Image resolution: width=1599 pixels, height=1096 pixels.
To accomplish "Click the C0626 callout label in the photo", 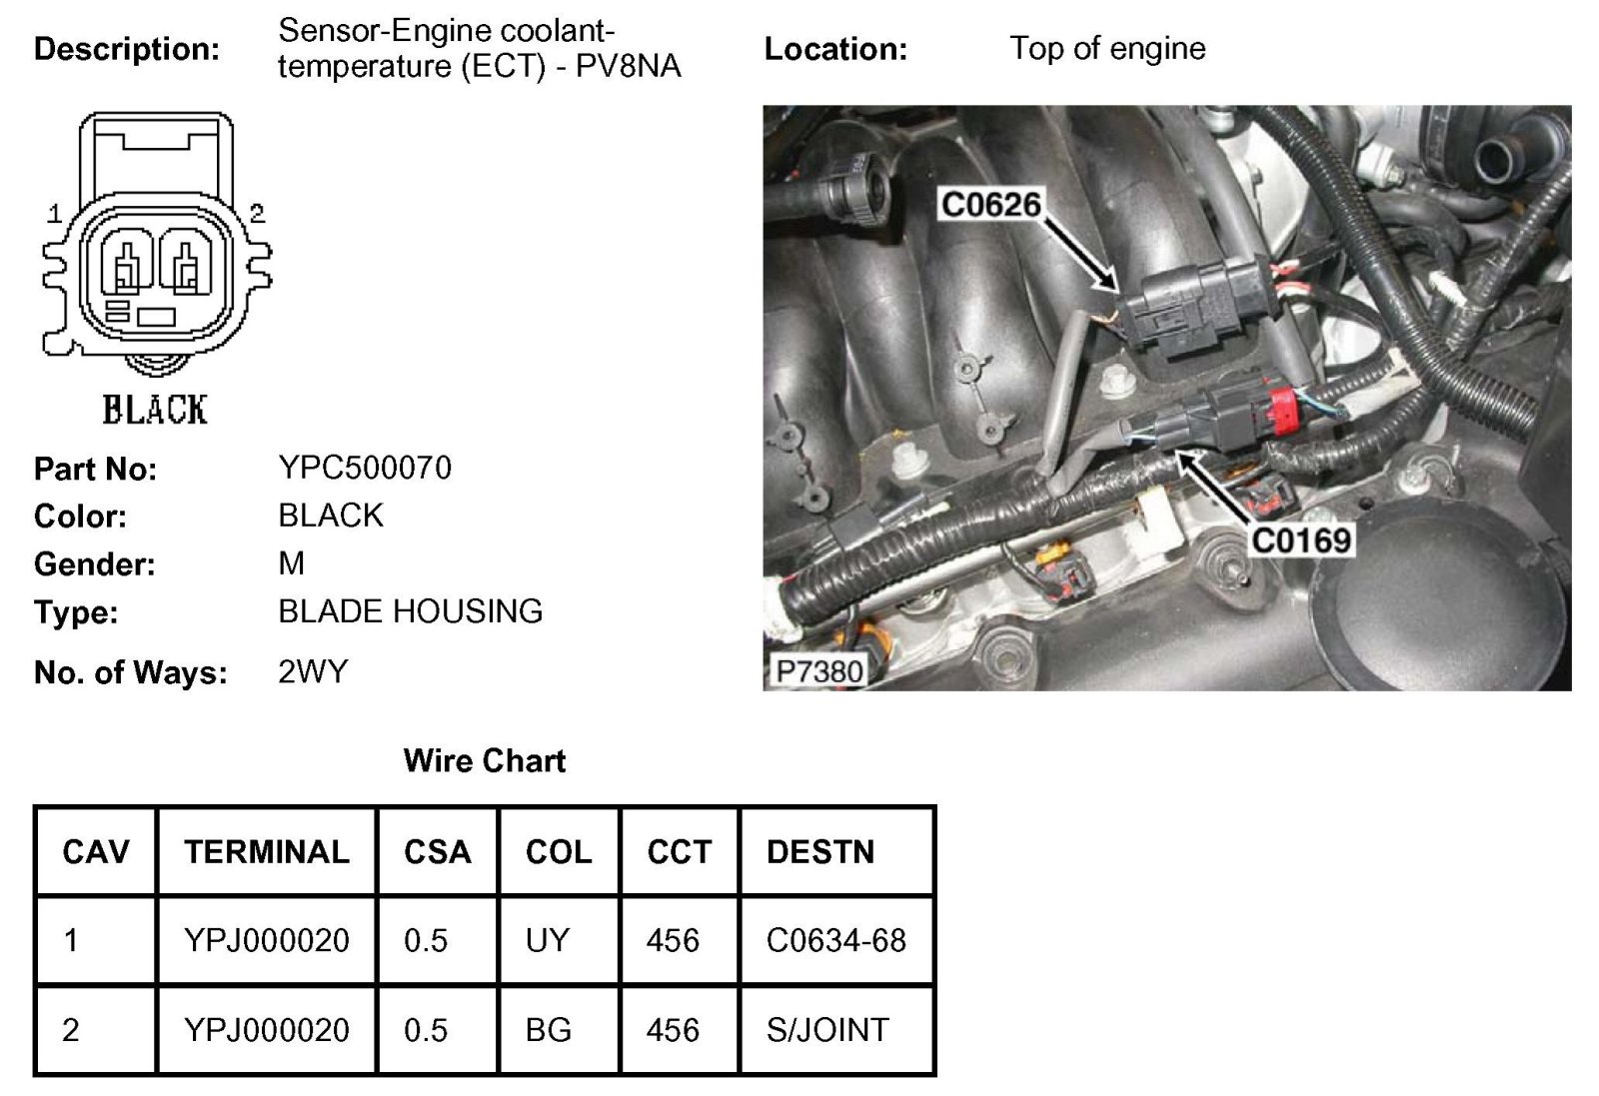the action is [x=990, y=205].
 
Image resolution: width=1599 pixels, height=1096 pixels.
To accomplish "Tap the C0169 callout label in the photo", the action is [x=1301, y=541].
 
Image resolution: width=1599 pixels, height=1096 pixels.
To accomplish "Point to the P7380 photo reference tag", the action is [x=818, y=670].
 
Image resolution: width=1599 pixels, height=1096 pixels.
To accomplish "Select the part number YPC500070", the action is [x=365, y=468].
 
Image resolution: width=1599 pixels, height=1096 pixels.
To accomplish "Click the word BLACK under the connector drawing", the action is [x=155, y=410].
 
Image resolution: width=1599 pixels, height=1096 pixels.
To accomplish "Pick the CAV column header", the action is [x=96, y=852].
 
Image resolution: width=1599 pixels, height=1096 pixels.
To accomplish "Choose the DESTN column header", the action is [x=820, y=852].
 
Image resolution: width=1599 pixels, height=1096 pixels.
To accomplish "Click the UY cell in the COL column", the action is [x=547, y=940].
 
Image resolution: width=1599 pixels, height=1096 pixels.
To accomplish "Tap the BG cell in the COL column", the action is [x=548, y=1030].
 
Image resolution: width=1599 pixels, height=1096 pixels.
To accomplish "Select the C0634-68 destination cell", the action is [x=835, y=940].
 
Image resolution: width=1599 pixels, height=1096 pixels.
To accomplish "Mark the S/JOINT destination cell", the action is [x=827, y=1030].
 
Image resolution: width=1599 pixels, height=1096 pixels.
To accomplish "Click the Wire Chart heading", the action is [x=485, y=761].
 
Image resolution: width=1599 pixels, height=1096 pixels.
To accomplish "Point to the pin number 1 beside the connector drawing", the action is [x=55, y=213].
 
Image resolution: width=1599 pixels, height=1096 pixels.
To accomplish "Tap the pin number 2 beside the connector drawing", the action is [x=257, y=213].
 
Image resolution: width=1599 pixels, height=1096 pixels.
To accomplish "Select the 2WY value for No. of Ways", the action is [x=313, y=671].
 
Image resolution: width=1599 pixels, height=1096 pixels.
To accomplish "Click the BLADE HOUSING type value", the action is [x=410, y=611].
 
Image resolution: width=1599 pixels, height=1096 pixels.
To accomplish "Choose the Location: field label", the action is [x=835, y=49].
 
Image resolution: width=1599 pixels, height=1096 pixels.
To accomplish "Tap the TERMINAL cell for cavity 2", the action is [x=267, y=1030].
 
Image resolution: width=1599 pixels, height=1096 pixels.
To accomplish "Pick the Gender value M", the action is [x=292, y=563].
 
